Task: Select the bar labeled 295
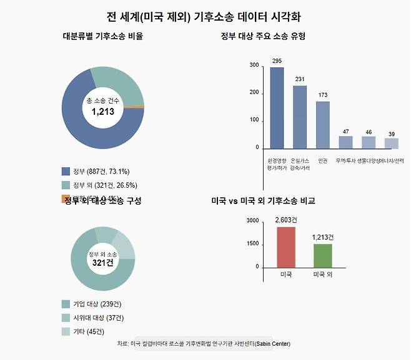coord(277,107)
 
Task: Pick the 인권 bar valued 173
coord(322,125)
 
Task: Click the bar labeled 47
coord(345,142)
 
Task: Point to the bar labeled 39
coord(391,143)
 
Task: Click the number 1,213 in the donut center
coord(103,112)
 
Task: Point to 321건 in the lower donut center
coord(102,263)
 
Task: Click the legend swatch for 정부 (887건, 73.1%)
coord(66,171)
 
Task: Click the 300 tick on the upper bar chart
coord(254,65)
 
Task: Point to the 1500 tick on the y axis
coord(252,244)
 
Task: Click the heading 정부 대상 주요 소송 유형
coord(263,36)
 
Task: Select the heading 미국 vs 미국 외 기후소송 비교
coord(263,201)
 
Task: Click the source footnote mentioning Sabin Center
coord(204,344)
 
